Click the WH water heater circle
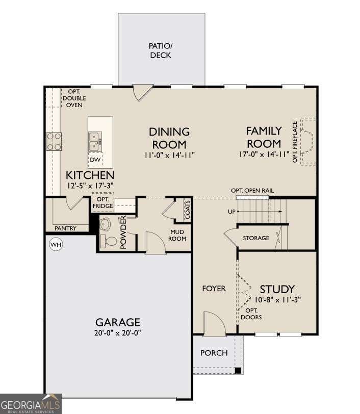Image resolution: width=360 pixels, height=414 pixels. [55, 245]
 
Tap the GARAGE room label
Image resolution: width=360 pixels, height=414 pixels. [117, 322]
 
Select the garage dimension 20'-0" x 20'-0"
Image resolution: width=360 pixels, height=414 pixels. [117, 333]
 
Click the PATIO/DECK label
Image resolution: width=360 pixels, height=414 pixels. [160, 50]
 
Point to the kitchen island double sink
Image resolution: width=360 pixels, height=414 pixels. [95, 141]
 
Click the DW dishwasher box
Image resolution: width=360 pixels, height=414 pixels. [95, 160]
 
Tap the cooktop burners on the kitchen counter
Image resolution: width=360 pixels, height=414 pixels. [54, 141]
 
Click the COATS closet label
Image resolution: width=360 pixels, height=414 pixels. [188, 210]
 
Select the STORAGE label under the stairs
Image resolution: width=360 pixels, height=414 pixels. [256, 238]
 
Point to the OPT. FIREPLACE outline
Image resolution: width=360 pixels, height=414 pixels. [308, 142]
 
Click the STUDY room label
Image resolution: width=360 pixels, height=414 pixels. [277, 290]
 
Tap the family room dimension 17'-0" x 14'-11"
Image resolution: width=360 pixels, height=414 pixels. [264, 154]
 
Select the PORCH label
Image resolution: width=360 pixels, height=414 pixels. [214, 353]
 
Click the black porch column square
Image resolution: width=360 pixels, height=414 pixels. [238, 371]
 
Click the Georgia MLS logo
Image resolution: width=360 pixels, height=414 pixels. [31, 403]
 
